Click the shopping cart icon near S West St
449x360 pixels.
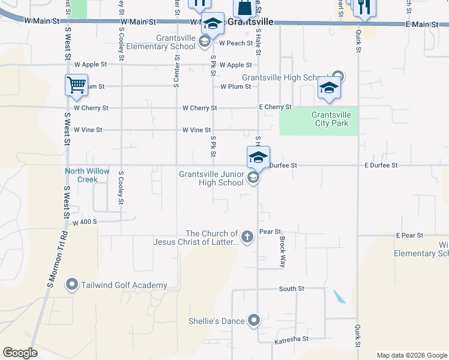[76, 85]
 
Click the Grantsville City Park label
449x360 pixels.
[334, 119]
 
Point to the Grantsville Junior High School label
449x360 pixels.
[211, 179]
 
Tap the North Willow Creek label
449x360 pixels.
[88, 175]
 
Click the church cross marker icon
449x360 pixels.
[247, 236]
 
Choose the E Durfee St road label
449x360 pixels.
[381, 165]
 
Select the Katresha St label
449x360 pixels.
[291, 339]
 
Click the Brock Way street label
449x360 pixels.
[282, 251]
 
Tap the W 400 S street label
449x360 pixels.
[85, 222]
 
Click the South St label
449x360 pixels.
[292, 289]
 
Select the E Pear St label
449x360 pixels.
[409, 235]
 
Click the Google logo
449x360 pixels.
[20, 353]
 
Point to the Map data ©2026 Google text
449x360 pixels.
[411, 355]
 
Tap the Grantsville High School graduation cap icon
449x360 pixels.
[329, 88]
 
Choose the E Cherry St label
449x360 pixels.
[275, 107]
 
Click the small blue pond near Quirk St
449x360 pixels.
[339, 296]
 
